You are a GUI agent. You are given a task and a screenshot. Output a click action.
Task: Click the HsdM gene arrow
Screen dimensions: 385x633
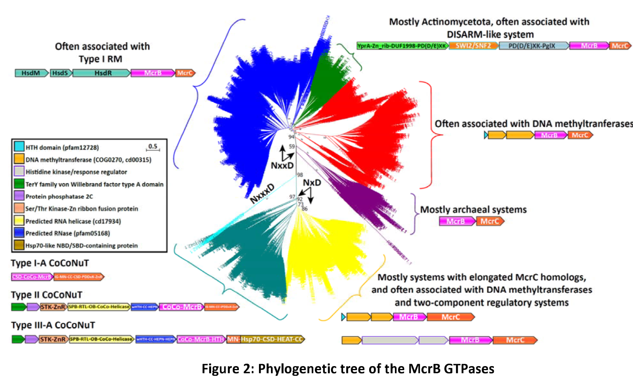(31, 73)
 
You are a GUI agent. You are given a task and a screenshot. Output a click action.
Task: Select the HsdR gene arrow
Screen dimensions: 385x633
(103, 73)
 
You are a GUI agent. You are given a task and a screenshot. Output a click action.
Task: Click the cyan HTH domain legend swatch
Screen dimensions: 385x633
(19, 147)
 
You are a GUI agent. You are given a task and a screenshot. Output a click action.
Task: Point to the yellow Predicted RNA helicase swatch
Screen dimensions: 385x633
(19, 221)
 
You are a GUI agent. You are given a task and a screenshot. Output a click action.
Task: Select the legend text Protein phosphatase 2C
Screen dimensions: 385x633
(59, 196)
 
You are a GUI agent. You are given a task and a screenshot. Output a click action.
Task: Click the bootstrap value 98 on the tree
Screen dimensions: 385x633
(300, 175)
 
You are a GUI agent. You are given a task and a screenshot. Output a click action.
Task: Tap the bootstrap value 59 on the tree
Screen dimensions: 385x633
(292, 147)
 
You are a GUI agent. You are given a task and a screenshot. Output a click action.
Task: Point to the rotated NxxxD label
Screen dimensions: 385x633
(262, 193)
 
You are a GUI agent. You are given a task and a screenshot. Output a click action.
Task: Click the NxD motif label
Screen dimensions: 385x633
(312, 183)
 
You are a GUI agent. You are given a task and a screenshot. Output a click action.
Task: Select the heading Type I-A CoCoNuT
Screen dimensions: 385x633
(50, 263)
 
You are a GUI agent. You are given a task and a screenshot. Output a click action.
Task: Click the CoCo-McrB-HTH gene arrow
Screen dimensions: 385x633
(201, 340)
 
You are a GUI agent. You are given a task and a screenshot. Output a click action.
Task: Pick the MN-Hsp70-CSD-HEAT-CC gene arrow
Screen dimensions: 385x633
(265, 340)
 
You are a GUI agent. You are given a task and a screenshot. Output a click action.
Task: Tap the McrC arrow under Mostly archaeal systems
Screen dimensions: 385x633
(490, 221)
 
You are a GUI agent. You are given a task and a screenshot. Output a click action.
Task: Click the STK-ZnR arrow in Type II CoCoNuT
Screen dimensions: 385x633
(53, 307)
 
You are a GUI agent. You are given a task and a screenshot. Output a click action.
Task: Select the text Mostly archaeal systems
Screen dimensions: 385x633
(473, 210)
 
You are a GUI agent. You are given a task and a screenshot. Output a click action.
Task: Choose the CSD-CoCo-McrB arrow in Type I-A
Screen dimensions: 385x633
(32, 277)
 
